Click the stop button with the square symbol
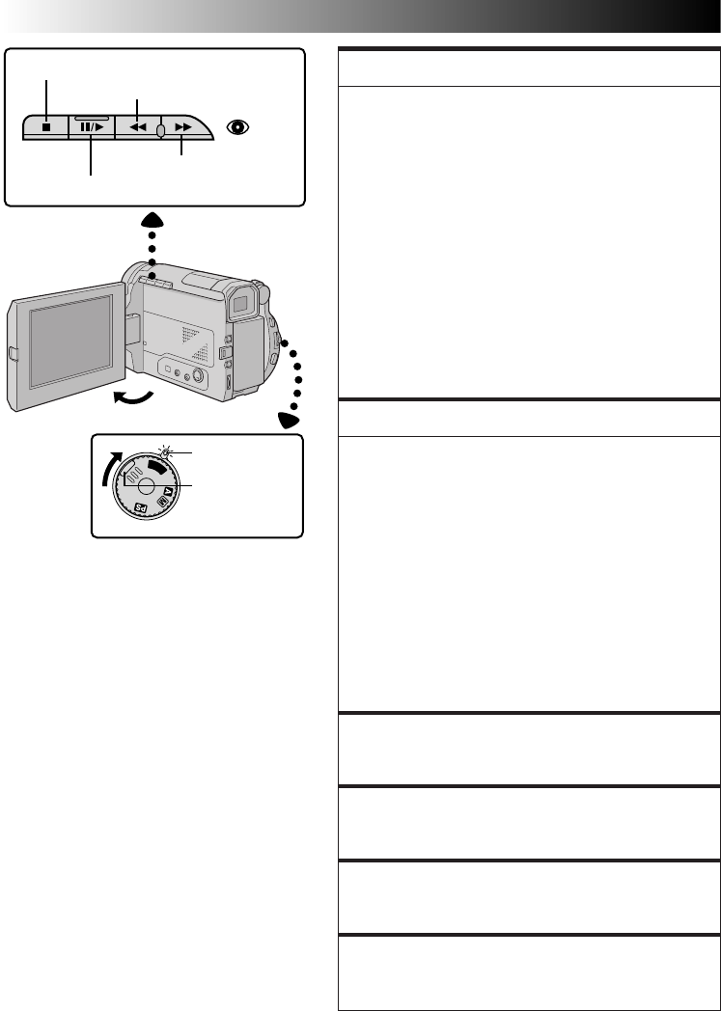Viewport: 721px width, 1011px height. [x=45, y=126]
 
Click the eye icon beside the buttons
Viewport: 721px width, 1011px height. [x=238, y=126]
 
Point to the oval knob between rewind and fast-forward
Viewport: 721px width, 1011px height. [x=160, y=129]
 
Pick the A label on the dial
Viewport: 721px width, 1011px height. [x=167, y=491]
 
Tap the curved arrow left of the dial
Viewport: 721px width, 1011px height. [x=109, y=472]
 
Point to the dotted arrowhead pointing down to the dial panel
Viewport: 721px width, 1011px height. [x=290, y=420]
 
